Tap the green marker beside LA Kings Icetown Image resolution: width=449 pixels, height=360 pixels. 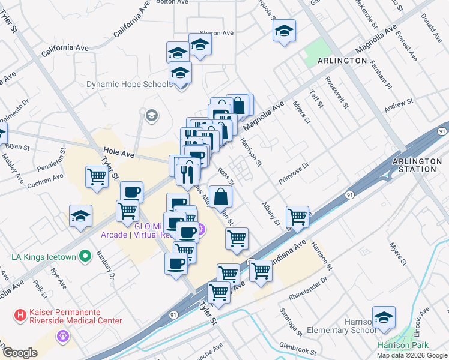[x=85, y=257]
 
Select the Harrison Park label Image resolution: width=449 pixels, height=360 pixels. [x=403, y=345]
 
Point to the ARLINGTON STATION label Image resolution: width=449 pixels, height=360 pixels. [x=414, y=165]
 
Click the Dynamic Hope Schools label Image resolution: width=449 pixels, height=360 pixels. [x=129, y=85]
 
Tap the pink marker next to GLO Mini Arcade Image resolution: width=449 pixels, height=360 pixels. [x=202, y=229]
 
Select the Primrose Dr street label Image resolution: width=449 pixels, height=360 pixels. [x=294, y=173]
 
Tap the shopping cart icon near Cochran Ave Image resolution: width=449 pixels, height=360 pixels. [x=97, y=176]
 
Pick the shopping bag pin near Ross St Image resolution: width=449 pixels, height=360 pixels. [x=221, y=196]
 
